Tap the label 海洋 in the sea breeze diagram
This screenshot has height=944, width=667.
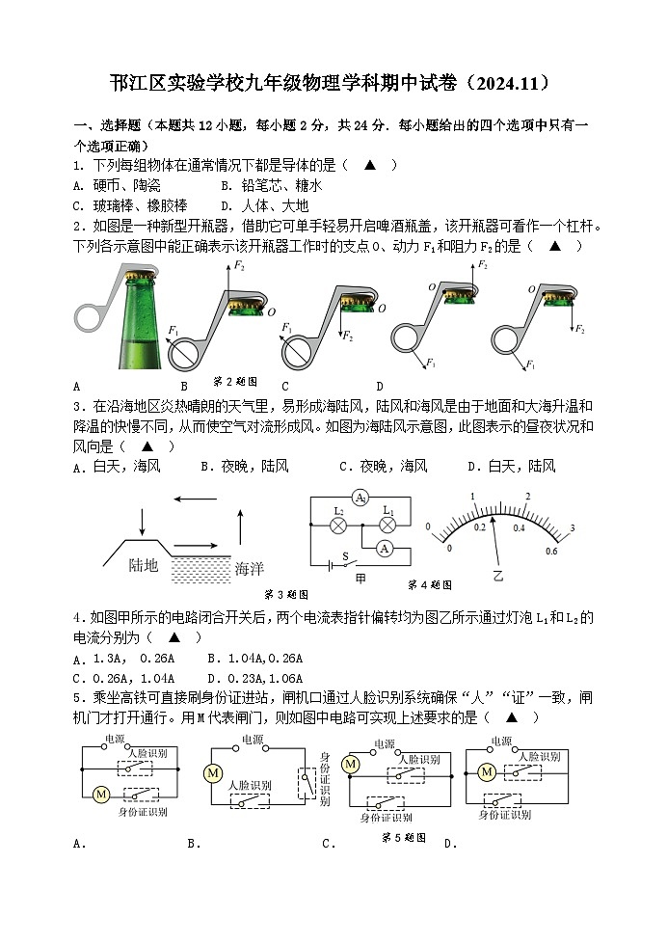pos(249,569)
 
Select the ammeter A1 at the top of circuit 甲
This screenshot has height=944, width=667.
pos(360,498)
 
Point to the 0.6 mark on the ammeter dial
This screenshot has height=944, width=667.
pos(551,551)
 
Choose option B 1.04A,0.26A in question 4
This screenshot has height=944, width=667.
pos(255,659)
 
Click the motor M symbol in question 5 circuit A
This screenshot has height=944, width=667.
pos(99,794)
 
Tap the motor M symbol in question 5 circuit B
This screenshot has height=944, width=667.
pos(212,773)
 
